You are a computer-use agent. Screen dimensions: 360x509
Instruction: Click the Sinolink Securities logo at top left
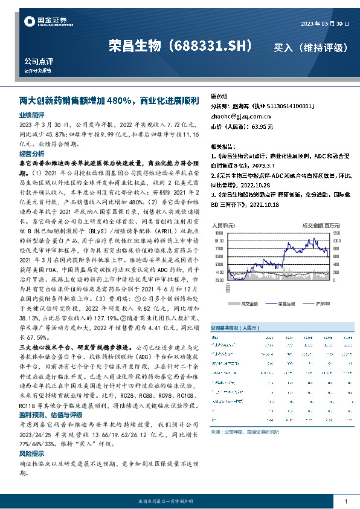[46, 22]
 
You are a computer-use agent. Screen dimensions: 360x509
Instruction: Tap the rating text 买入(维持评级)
[310, 47]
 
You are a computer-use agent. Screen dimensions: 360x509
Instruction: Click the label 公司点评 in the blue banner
[39, 62]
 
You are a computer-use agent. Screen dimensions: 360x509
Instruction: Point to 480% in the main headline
[123, 100]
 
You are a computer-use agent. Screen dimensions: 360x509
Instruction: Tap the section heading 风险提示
[31, 453]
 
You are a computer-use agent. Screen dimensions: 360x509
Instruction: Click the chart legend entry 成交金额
[249, 303]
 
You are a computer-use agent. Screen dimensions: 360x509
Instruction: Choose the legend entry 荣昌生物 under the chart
[285, 303]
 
